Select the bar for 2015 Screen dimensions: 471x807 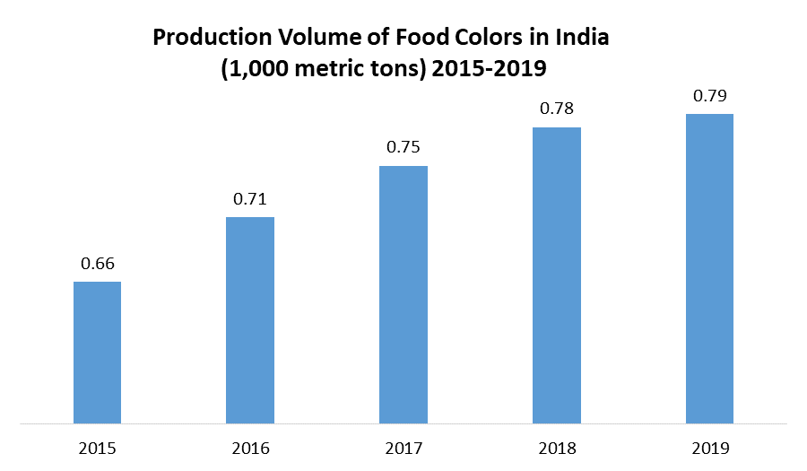coord(97,352)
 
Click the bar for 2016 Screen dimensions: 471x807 coord(250,319)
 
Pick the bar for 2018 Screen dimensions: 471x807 coord(557,275)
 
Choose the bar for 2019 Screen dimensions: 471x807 coord(710,268)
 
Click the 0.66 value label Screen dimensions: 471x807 coord(97,264)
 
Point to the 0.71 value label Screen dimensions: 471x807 coord(250,199)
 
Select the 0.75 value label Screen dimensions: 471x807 coord(403,148)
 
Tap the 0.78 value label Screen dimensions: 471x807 coord(557,109)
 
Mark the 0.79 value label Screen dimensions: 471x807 coord(710,96)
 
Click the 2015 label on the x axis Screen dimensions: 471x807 coord(97,448)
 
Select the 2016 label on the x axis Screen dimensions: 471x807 coord(250,448)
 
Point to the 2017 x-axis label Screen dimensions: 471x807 coord(403,448)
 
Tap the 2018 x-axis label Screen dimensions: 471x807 coord(557,448)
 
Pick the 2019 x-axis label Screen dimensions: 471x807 coord(710,448)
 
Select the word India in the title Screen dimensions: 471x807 coord(584,39)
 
